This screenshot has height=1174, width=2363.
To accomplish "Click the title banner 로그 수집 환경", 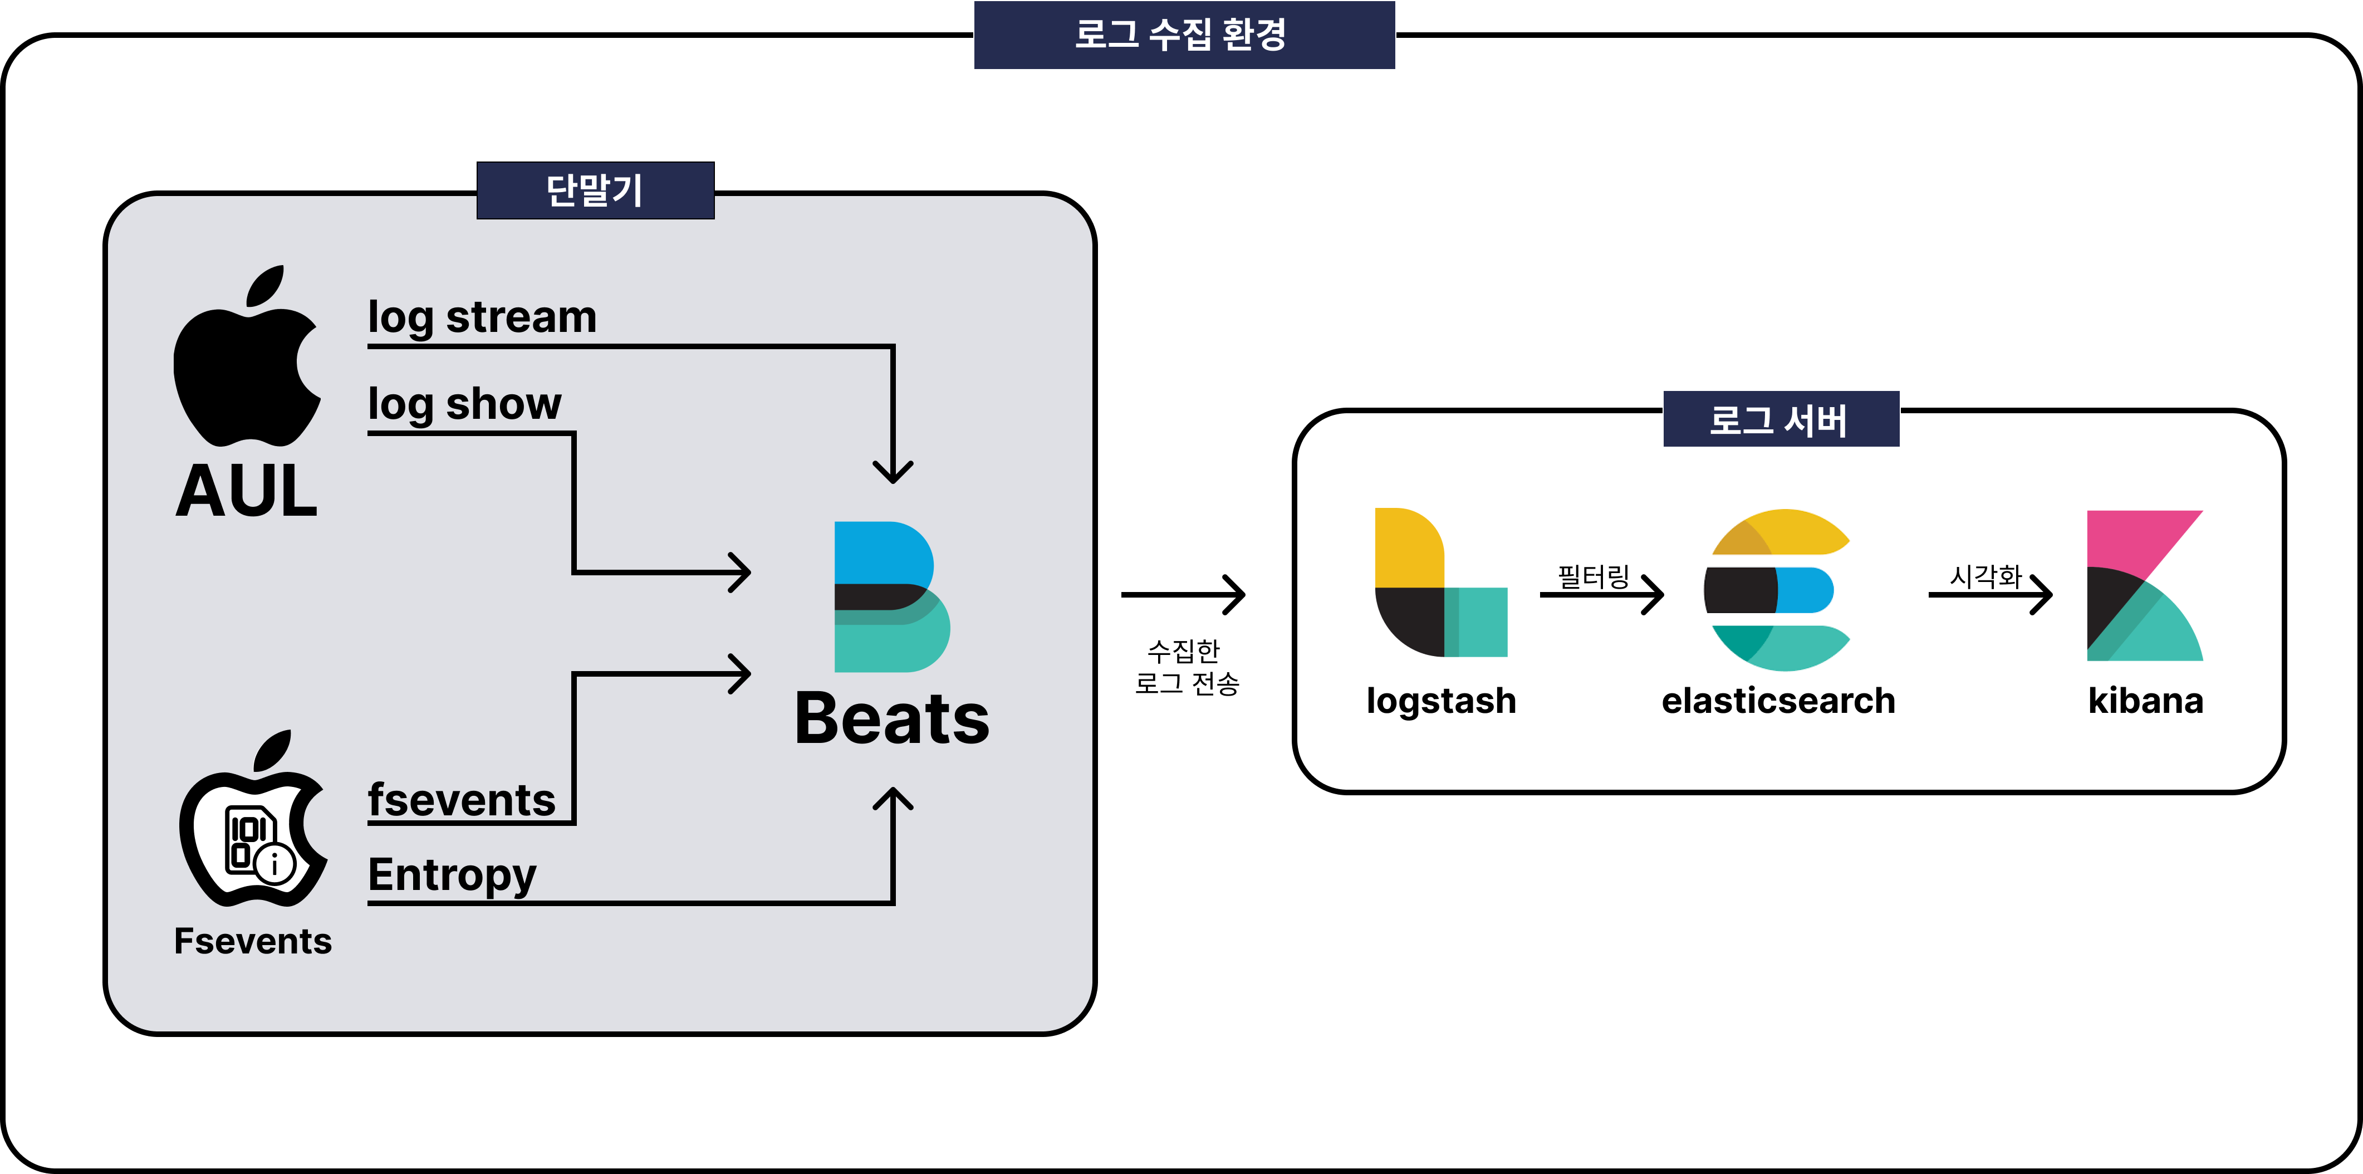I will point(1183,35).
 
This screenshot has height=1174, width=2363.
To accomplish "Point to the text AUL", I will point(247,492).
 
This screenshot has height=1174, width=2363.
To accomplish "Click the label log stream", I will point(482,317).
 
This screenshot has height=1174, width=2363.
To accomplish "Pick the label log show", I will point(464,404).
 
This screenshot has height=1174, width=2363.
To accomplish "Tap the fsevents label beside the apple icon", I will point(462,800).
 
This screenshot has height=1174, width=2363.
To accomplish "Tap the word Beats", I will point(891,719).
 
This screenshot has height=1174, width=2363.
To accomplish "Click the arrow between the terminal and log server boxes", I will point(1183,594).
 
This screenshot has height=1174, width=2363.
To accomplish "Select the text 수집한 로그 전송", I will point(1186,667).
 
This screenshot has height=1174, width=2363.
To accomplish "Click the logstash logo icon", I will point(1440,583).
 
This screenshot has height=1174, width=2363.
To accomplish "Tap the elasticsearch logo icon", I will point(1778,590).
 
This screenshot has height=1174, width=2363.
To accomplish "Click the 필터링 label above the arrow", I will point(1594,576).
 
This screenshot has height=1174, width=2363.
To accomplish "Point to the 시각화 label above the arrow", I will point(1985,576).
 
